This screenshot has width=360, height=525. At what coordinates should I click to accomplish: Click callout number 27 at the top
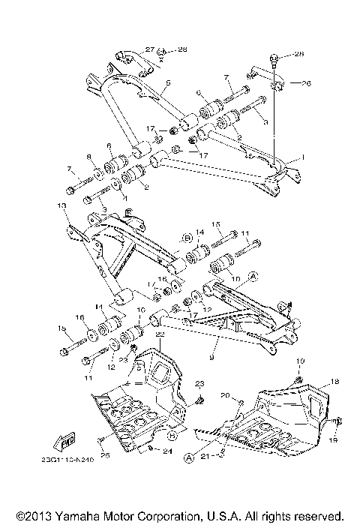pyautogui.click(x=149, y=49)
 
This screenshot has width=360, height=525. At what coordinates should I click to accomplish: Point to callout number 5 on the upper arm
pyautogui.click(x=169, y=82)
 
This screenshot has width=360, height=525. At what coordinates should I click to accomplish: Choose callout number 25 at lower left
pyautogui.click(x=106, y=454)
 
